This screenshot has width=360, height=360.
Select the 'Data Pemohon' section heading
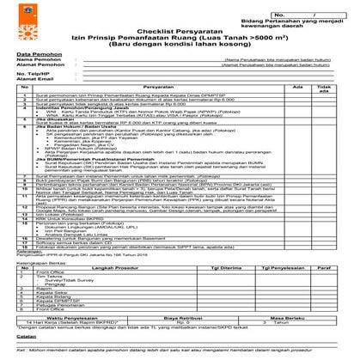coord(34,55)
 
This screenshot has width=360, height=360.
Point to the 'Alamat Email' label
coord(34,80)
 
